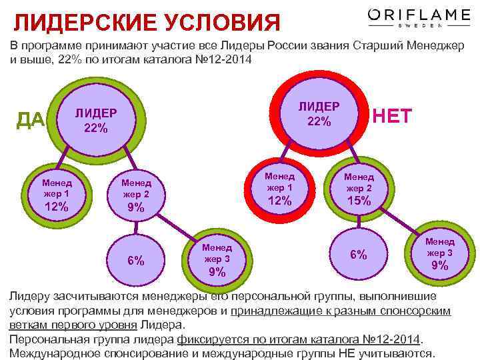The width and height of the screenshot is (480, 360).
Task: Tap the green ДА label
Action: pyautogui.click(x=31, y=119)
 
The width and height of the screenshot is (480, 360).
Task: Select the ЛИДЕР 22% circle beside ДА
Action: pyautogui.click(x=95, y=120)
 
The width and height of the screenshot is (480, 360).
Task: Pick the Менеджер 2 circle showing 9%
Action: pyautogui.click(x=135, y=195)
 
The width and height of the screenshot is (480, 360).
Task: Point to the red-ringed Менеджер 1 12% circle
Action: pyautogui.click(x=279, y=189)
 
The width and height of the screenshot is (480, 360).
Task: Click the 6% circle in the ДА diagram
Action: pyautogui.click(x=136, y=260)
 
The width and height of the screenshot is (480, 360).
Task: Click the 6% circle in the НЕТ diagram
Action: pyautogui.click(x=359, y=254)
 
